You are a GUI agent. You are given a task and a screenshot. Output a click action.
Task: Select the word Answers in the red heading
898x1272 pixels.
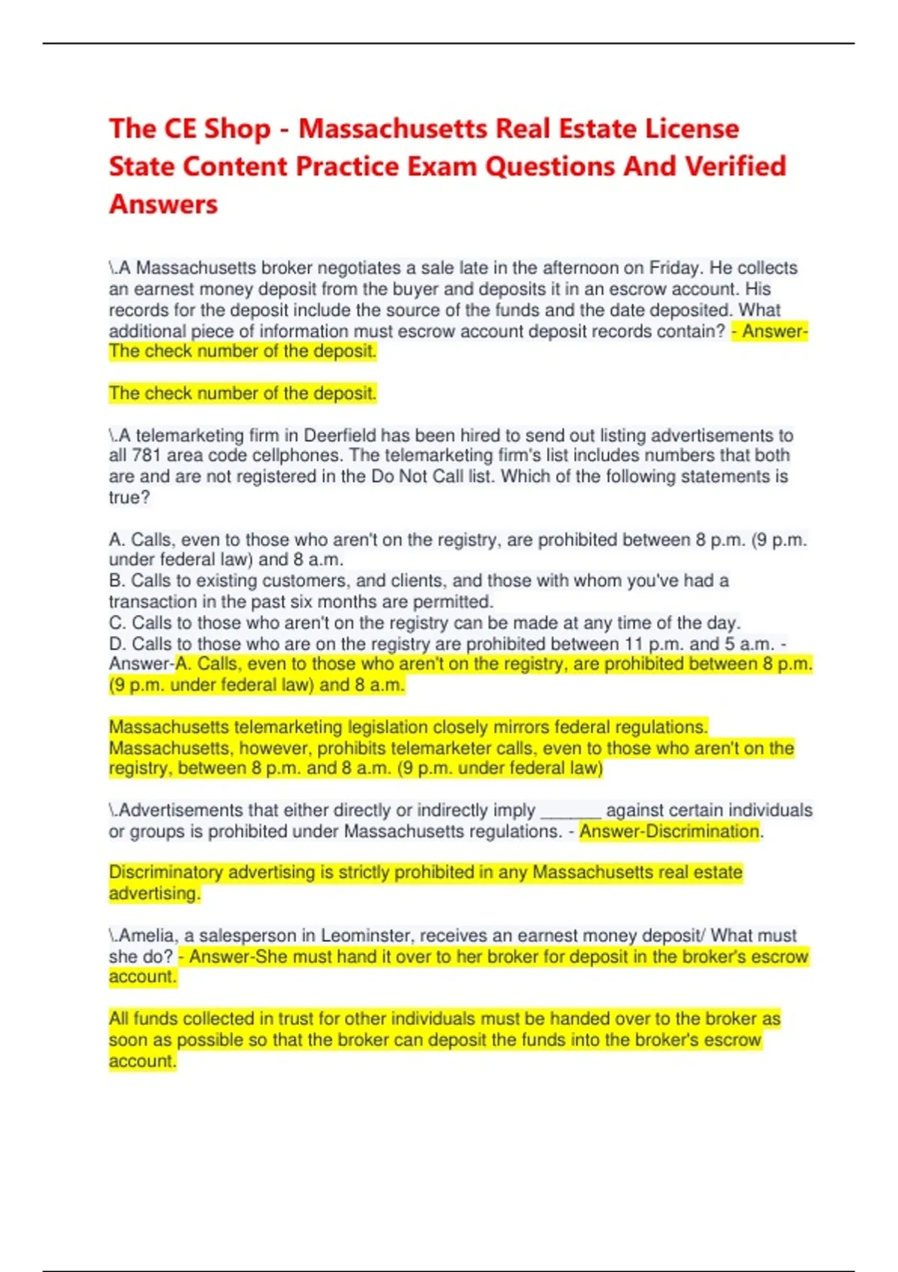click(x=163, y=204)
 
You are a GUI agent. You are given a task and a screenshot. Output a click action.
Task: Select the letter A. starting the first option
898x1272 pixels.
click(x=117, y=539)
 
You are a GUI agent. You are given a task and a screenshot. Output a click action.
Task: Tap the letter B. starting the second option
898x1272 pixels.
click(x=117, y=581)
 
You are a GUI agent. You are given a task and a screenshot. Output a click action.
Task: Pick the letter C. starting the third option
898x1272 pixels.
click(x=117, y=623)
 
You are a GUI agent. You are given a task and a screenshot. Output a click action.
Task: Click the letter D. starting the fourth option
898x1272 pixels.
click(x=117, y=643)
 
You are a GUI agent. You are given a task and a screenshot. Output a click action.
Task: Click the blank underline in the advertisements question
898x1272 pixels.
click(x=570, y=811)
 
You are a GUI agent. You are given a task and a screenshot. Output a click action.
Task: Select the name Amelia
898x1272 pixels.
click(x=147, y=935)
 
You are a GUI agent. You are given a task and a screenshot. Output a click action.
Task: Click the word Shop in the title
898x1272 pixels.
click(x=237, y=129)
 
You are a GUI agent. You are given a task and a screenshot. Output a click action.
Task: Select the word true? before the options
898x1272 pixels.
click(x=129, y=498)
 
